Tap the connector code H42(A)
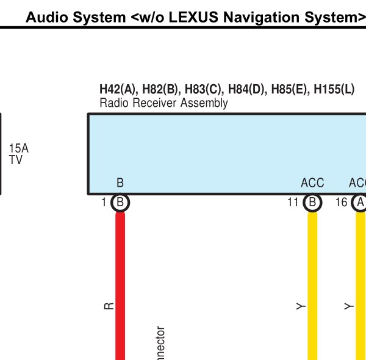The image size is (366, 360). point(118,90)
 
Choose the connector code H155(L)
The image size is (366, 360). point(334,90)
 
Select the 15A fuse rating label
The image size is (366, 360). point(18,148)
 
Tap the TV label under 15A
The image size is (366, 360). point(16,160)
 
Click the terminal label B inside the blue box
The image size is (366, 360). point(120,183)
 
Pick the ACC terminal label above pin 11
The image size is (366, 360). point(312,183)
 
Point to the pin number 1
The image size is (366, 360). point(104,203)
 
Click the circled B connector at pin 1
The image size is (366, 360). point(120,203)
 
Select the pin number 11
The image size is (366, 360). point(293,203)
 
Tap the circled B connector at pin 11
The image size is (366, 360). point(312,203)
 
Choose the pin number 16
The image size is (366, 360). point(342,203)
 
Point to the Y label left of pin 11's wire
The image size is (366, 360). point(301,306)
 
